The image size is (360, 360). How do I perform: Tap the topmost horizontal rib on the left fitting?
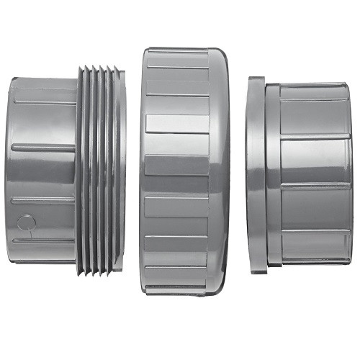43,102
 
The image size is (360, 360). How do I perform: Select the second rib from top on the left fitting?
43,148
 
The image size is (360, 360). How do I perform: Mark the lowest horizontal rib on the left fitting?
43,240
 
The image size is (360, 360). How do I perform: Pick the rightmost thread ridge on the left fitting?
120,169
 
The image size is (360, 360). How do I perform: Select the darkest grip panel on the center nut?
176,166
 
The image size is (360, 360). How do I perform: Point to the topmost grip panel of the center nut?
176,58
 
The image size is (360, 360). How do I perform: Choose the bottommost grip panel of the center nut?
176,281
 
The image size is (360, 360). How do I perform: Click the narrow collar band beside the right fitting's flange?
272,173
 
